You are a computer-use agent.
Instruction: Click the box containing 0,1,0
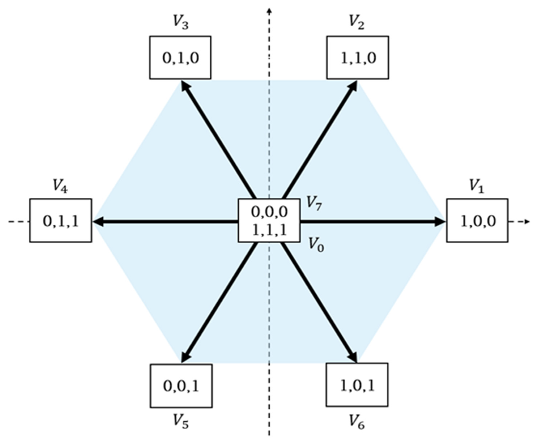click(x=180, y=58)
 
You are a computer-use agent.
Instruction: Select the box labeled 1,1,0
click(x=358, y=58)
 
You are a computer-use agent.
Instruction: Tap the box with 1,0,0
click(x=477, y=220)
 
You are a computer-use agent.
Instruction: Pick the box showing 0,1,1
click(x=61, y=220)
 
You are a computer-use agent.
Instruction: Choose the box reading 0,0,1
click(x=181, y=386)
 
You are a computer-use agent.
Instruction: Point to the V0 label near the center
click(x=316, y=244)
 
